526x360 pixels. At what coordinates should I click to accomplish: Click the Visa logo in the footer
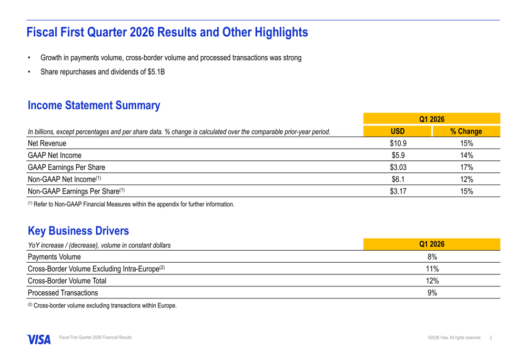pyautogui.click(x=39, y=340)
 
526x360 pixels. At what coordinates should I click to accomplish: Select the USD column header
pyautogui.click(x=398, y=131)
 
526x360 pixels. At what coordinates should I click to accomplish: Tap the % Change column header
pyautogui.click(x=466, y=131)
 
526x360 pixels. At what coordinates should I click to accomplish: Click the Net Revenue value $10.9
pyautogui.click(x=398, y=143)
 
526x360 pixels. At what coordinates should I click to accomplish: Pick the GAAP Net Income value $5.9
pyautogui.click(x=398, y=155)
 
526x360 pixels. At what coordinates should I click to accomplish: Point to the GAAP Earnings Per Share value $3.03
pyautogui.click(x=398, y=167)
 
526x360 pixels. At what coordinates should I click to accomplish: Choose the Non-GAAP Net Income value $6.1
pyautogui.click(x=398, y=179)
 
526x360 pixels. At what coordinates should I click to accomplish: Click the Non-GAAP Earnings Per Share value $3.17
pyautogui.click(x=398, y=191)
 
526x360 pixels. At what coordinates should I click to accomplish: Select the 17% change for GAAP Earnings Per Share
pyautogui.click(x=466, y=167)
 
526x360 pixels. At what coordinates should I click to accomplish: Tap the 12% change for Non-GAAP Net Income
pyautogui.click(x=466, y=179)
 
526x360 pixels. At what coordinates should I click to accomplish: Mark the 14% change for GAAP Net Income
pyautogui.click(x=466, y=155)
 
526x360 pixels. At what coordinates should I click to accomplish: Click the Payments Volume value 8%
pyautogui.click(x=432, y=256)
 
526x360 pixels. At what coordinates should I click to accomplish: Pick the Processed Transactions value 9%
pyautogui.click(x=432, y=293)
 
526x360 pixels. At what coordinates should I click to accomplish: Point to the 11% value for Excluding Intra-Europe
pyautogui.click(x=432, y=269)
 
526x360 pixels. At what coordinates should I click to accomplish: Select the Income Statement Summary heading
pyautogui.click(x=94, y=106)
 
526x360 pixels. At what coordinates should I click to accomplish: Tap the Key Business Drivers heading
pyautogui.click(x=78, y=231)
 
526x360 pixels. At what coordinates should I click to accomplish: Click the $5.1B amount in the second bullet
pyautogui.click(x=156, y=72)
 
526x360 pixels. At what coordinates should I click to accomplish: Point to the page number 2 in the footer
pyautogui.click(x=491, y=337)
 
